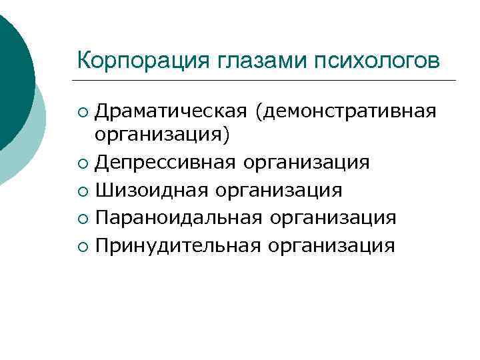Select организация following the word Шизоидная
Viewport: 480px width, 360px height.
277,191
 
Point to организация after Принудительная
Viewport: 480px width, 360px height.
331,246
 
